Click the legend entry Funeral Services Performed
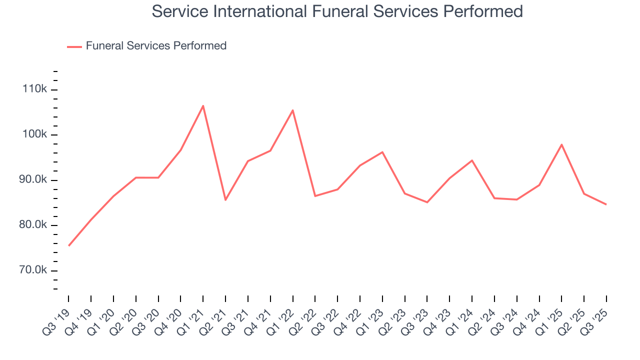coord(156,46)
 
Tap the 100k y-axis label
coord(35,135)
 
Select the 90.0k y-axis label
coord(33,180)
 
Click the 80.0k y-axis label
coord(33,225)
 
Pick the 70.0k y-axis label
coord(33,270)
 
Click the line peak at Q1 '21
coord(203,105)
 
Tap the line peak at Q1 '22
coord(292,110)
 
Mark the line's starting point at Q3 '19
coord(68,245)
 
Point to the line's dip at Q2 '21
coord(225,200)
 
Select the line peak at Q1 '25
coord(561,144)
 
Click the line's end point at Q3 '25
coord(606,204)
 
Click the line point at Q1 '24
coord(472,160)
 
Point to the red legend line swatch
coord(74,46)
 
